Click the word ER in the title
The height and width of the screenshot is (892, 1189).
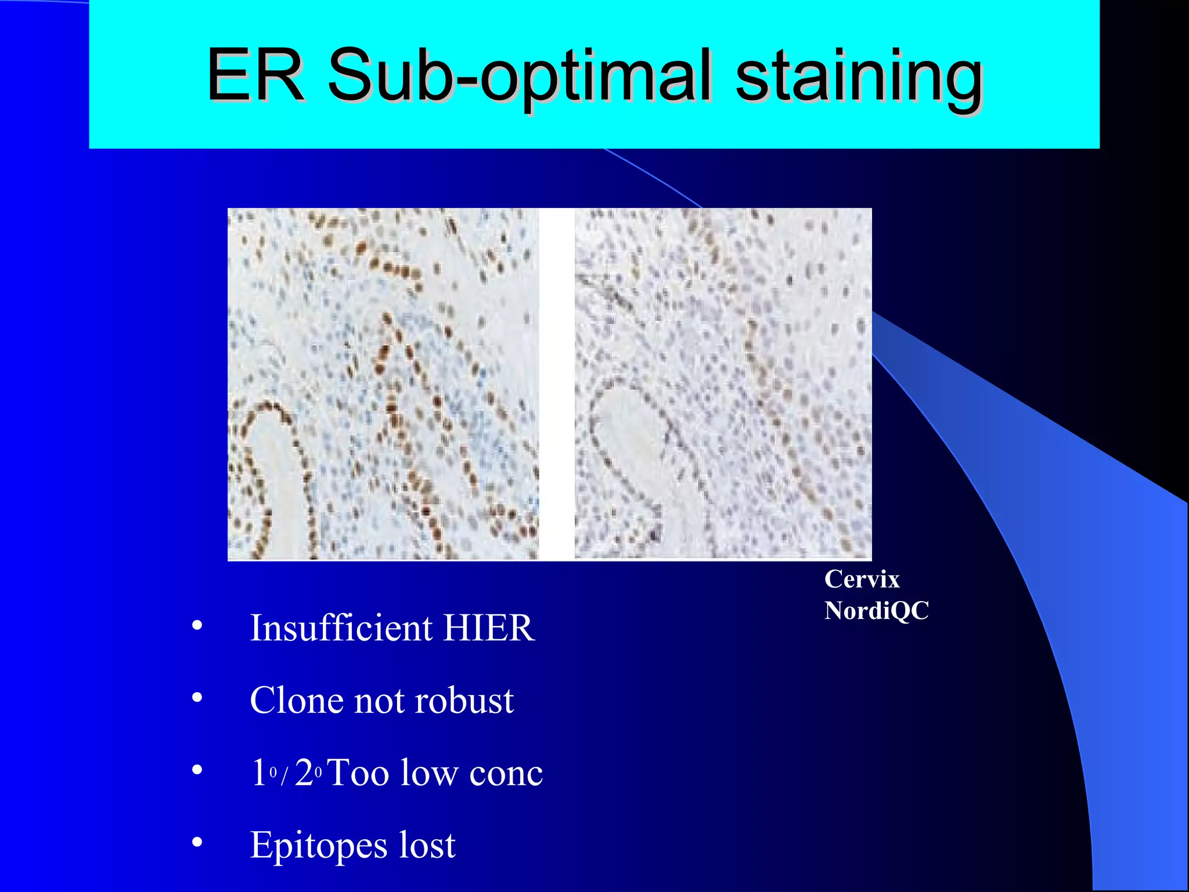(x=255, y=75)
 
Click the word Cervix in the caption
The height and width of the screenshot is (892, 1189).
(x=862, y=580)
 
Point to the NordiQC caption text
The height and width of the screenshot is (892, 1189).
(x=877, y=610)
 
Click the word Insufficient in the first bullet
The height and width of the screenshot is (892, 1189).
(x=341, y=628)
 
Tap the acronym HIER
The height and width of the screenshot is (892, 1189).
(x=488, y=628)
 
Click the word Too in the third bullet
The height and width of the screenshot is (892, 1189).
(x=358, y=773)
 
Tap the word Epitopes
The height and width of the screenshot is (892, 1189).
(x=318, y=846)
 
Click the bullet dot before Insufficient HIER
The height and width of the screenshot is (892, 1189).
(x=197, y=625)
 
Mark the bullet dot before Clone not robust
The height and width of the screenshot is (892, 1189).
(x=197, y=698)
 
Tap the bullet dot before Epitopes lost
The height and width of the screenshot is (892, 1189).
(x=197, y=842)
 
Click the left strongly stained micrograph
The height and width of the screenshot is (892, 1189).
(x=383, y=384)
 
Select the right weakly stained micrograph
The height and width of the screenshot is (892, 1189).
(x=723, y=384)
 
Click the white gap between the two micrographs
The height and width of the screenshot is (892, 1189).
(x=557, y=384)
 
